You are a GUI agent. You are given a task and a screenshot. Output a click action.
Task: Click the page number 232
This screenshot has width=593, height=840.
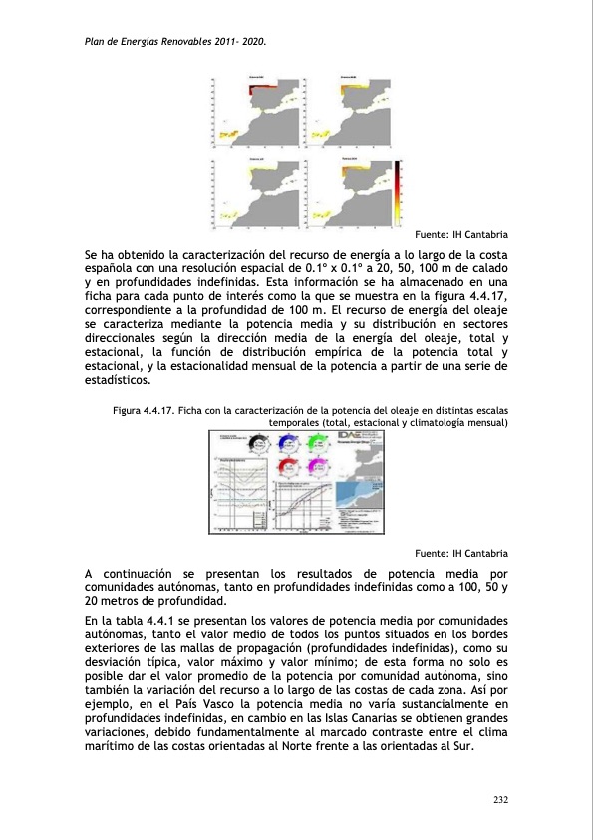(x=499, y=799)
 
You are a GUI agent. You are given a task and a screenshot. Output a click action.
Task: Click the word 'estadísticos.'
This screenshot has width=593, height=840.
(x=117, y=380)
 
